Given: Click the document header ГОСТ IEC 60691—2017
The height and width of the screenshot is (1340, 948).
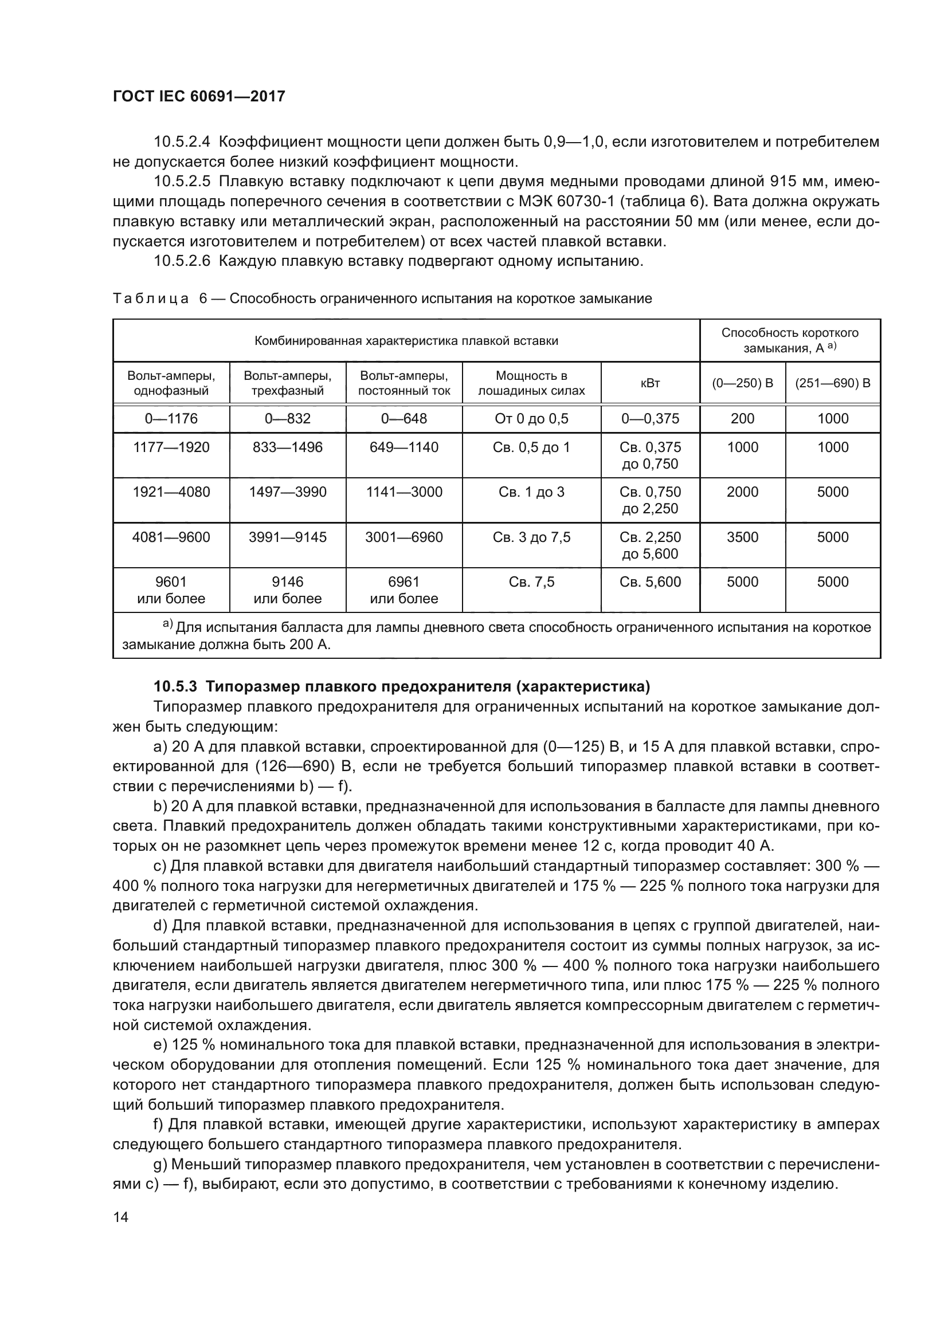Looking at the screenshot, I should point(198,96).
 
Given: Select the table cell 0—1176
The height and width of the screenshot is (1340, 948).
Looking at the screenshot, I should point(171,418).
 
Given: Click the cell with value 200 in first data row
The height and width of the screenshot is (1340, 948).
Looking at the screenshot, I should point(742,418).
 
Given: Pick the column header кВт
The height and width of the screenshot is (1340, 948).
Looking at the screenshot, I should point(650,383).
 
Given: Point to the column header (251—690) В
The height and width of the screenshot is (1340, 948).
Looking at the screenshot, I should point(832,383).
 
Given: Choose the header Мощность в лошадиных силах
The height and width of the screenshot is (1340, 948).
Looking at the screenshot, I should point(531,383).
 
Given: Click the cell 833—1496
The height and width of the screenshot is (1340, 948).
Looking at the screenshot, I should point(287,447).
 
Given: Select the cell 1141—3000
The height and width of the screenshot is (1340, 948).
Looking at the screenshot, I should point(404,492).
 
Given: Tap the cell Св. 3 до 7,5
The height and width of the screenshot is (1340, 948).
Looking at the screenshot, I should point(531,537).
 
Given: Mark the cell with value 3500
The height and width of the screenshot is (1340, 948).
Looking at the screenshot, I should point(742,537).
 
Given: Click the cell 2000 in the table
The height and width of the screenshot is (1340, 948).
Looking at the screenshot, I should point(742,492).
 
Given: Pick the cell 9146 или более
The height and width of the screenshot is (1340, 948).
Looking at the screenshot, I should point(287,590).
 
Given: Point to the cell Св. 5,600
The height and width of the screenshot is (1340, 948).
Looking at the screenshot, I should point(650,582).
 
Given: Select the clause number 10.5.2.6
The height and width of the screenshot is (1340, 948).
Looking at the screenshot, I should point(182,261).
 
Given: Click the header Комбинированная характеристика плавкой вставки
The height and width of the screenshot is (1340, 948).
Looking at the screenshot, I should point(406,340).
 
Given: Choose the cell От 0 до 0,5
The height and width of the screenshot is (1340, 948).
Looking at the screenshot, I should point(531,418).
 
